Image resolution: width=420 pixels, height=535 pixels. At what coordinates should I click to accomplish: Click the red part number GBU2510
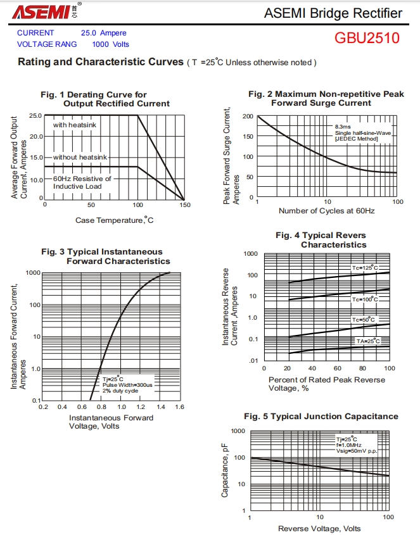pyautogui.click(x=367, y=38)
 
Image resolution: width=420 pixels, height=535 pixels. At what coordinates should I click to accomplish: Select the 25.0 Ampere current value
pyautogui.click(x=103, y=33)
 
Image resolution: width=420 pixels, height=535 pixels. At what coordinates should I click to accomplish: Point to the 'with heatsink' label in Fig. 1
pyautogui.click(x=74, y=125)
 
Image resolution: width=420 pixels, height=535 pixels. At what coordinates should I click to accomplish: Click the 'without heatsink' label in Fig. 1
pyautogui.click(x=80, y=156)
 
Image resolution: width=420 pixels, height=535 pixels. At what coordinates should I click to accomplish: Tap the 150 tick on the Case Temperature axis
pyautogui.click(x=184, y=205)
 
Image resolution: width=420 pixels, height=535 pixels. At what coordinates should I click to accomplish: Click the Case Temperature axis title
pyautogui.click(x=114, y=220)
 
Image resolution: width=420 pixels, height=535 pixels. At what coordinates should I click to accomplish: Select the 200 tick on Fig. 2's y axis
pyautogui.click(x=247, y=116)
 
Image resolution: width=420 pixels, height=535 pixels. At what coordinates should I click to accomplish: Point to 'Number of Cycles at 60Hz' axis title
pyautogui.click(x=326, y=210)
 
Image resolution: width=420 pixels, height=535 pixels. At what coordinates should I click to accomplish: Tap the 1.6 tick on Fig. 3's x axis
pyautogui.click(x=179, y=406)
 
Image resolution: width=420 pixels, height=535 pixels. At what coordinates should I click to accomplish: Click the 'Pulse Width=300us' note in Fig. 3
pyautogui.click(x=127, y=385)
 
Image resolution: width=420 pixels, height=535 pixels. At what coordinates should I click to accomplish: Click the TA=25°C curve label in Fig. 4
pyautogui.click(x=367, y=341)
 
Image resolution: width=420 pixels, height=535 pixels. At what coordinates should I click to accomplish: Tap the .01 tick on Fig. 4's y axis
pyautogui.click(x=252, y=360)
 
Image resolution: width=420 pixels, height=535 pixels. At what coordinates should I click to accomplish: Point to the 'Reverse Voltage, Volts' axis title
pyautogui.click(x=319, y=528)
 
